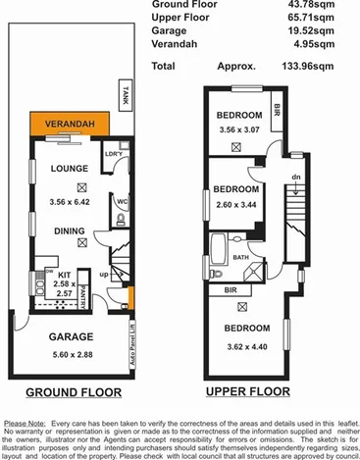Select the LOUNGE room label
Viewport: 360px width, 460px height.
click(x=71, y=168)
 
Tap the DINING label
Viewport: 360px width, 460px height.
click(x=70, y=231)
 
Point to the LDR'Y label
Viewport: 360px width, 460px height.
click(x=113, y=155)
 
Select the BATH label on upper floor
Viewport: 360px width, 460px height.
click(x=241, y=258)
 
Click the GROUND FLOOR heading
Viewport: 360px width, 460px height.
click(x=74, y=391)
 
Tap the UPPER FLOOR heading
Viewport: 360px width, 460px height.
click(x=249, y=391)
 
